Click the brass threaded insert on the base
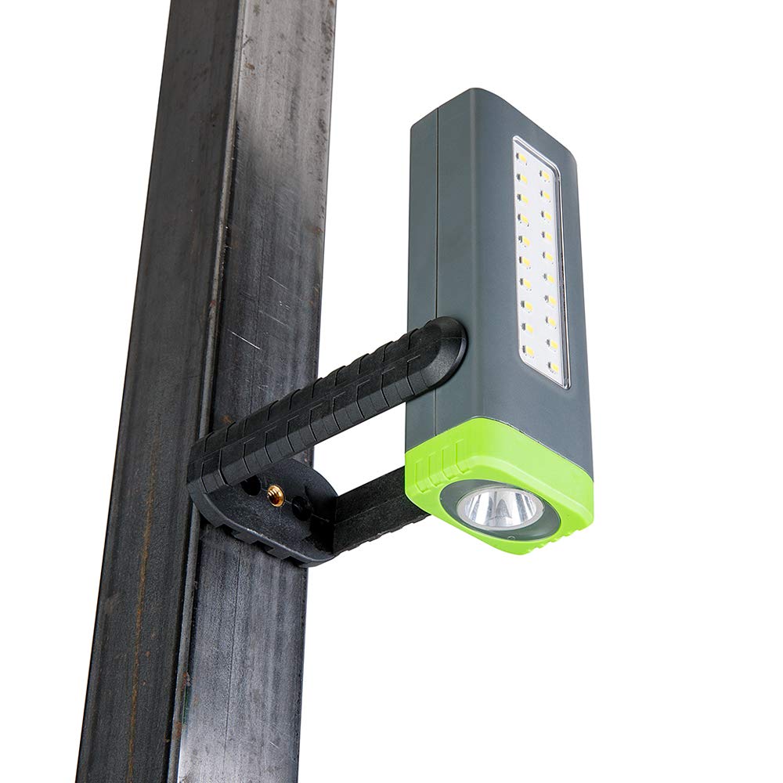(275, 493)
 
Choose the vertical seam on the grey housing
(438, 274)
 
